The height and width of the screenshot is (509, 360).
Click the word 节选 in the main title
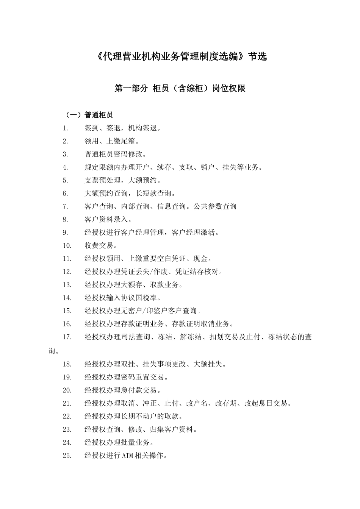257,57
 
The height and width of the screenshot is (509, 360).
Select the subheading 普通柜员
99,115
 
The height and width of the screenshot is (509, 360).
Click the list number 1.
65,128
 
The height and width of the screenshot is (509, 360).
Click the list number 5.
65,180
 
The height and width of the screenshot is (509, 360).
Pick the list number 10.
67,245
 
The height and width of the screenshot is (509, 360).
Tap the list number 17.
67,337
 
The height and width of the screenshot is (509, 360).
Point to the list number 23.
67,429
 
